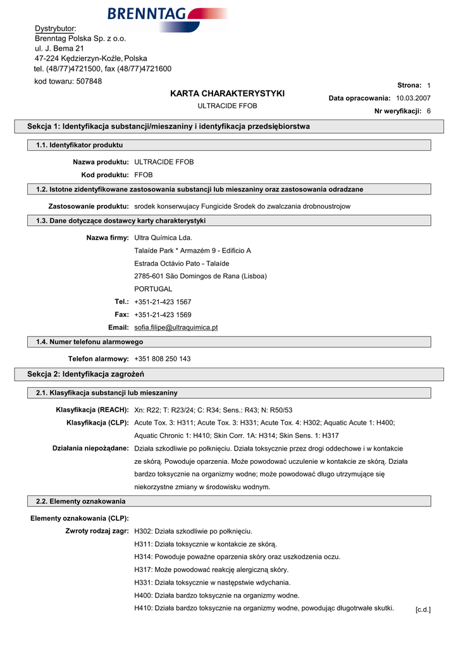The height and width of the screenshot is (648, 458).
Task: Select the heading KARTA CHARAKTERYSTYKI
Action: tap(228, 94)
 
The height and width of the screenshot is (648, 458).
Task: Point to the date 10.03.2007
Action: tap(413, 98)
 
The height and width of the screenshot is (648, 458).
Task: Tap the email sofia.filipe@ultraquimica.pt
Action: tap(176, 327)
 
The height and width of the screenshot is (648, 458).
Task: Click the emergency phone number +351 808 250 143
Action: tap(163, 359)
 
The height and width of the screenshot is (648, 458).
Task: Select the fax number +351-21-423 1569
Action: tap(163, 315)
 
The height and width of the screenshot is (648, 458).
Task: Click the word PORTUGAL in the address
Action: tap(153, 289)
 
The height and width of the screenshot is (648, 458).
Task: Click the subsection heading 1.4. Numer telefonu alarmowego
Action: tap(90, 342)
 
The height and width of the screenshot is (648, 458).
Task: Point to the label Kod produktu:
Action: tap(105, 175)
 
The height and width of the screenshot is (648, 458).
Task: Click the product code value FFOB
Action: tap(144, 175)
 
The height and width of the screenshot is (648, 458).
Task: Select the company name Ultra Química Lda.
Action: tap(163, 238)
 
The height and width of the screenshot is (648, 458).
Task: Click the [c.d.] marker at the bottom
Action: tap(423, 609)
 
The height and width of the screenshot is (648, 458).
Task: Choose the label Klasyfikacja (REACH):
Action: tap(92, 410)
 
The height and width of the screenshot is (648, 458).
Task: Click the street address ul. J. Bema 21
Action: tap(59, 48)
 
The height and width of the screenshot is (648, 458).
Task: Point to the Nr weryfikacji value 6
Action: tap(428, 111)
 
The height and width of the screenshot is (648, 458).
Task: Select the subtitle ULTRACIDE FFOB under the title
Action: tap(228, 106)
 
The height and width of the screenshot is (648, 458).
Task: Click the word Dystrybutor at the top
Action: tap(54, 28)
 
